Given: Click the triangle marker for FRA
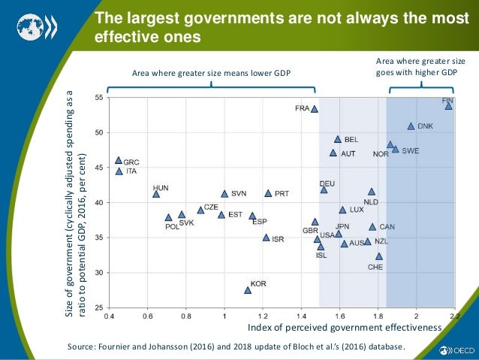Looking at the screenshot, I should (x=315, y=109).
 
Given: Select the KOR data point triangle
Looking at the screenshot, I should (x=248, y=290).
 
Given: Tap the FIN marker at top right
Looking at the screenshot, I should (x=448, y=106).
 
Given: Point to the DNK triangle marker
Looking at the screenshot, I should (x=411, y=126).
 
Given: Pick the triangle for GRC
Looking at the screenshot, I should (x=119, y=161).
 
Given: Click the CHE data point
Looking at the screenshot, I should (x=379, y=256).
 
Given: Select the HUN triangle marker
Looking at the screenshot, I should (x=156, y=194).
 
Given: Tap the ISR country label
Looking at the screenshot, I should (x=278, y=239).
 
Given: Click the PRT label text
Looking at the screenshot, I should (x=282, y=193).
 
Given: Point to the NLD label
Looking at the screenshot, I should (x=371, y=202).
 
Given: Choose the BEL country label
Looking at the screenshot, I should (x=351, y=140).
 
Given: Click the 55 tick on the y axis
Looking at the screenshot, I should (x=99, y=98).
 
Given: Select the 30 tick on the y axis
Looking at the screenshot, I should (x=99, y=273).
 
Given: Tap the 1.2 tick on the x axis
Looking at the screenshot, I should (x=263, y=316).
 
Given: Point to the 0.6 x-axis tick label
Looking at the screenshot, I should (x=147, y=316).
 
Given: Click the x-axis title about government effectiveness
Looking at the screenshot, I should (x=344, y=328).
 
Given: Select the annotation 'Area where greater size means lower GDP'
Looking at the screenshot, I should (x=211, y=73).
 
